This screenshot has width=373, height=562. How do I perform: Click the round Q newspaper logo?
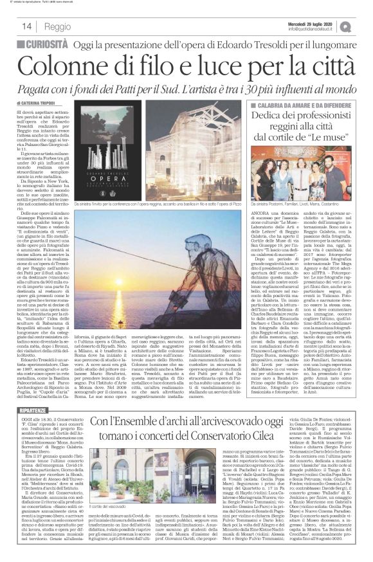[x=364, y=26]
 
